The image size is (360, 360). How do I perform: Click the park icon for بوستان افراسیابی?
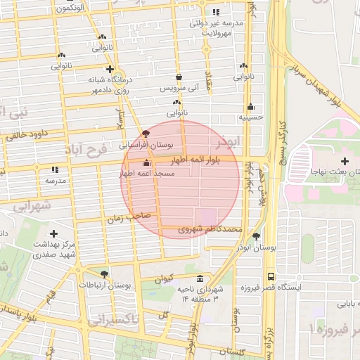pyautogui.click(x=146, y=133)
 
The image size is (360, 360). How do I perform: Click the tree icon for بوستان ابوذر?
pyautogui.click(x=256, y=236)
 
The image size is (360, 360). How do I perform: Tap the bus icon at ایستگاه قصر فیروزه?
pyautogui.click(x=271, y=277)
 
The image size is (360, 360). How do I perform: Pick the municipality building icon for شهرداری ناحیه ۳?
pyautogui.click(x=200, y=278)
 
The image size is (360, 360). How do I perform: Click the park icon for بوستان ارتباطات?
pyautogui.click(x=104, y=274)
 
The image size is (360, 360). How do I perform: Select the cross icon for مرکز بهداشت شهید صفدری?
pyautogui.click(x=54, y=233)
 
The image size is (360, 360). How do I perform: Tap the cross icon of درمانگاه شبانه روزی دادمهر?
pyautogui.click(x=110, y=69)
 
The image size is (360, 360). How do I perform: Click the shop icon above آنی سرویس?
pyautogui.click(x=179, y=77)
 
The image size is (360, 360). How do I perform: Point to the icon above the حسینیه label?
pyautogui.click(x=250, y=107)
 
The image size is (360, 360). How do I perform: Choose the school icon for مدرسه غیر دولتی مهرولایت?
pyautogui.click(x=216, y=12)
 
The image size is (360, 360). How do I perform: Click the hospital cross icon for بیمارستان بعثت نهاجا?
pyautogui.click(x=345, y=162)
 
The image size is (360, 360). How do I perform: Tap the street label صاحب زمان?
pyautogui.click(x=124, y=219)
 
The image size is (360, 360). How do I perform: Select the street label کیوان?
pyautogui.click(x=164, y=278)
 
